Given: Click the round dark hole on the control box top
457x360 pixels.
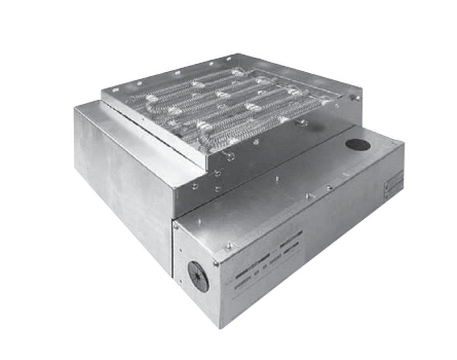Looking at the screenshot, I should pyautogui.click(x=358, y=145).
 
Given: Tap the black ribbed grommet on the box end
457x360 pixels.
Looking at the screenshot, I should pyautogui.click(x=198, y=276).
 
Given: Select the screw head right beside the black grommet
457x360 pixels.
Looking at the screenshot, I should pyautogui.click(x=215, y=263).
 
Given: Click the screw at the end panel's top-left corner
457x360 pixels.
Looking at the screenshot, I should pyautogui.click(x=175, y=226).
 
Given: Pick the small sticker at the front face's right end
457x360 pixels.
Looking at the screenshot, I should pyautogui.click(x=393, y=186).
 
